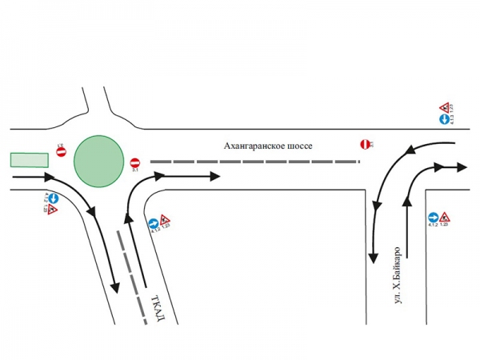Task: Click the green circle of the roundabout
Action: point(98,160)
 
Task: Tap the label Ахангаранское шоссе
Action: point(267,146)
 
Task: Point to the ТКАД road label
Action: point(158,310)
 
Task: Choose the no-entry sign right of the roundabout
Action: point(135,162)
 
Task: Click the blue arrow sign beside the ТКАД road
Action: point(154,224)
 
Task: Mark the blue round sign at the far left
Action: point(53,198)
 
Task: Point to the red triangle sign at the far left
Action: point(53,210)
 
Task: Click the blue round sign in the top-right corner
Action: point(442,119)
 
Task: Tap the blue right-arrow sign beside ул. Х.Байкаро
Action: point(432,217)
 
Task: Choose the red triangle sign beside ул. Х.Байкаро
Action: point(444,217)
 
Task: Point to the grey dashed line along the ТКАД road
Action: point(133,276)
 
